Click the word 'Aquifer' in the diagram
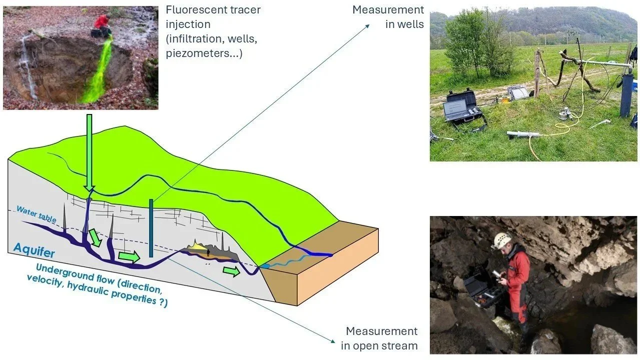point(34,248)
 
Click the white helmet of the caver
point(502,240)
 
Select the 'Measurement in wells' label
point(388,17)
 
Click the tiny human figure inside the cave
point(208,253)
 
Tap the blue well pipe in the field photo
point(626,95)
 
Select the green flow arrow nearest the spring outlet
point(231,271)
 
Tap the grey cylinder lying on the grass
point(523,134)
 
